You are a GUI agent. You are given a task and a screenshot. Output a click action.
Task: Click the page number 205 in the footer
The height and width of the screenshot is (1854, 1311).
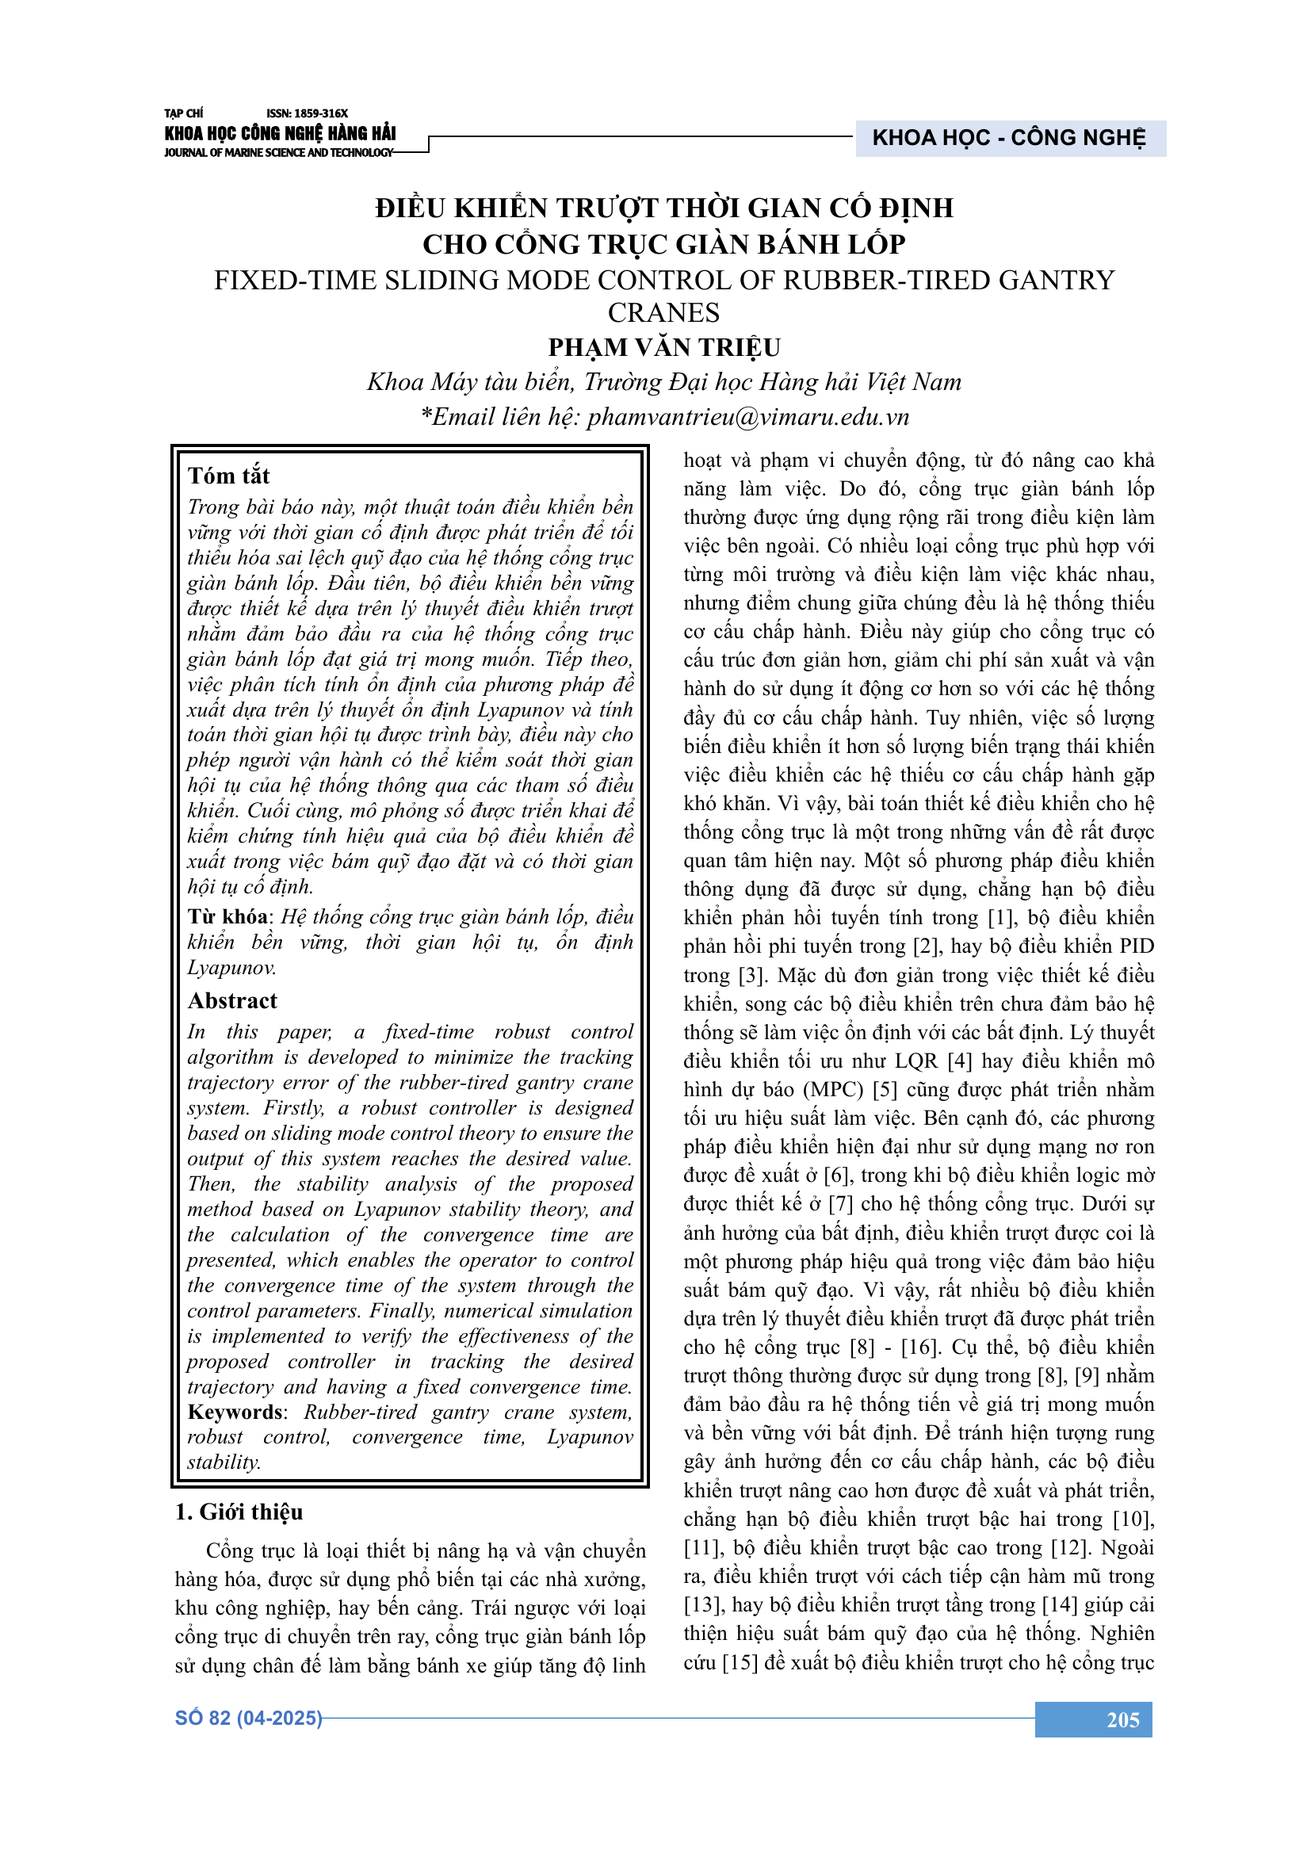click(x=1122, y=1720)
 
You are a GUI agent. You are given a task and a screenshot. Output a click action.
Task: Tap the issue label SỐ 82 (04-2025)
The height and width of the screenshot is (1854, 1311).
click(x=249, y=1718)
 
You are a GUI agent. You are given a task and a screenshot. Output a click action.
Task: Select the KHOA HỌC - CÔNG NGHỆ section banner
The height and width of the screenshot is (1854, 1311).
click(x=1008, y=138)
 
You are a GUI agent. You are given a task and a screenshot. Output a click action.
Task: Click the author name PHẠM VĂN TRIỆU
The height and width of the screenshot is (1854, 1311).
click(x=663, y=347)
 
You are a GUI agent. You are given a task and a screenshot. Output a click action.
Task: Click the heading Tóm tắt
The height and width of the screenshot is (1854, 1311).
click(x=228, y=476)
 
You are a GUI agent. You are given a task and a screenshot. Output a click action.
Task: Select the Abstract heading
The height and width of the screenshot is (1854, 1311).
click(x=232, y=1001)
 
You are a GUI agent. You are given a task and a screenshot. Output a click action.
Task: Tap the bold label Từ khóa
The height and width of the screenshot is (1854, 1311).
click(x=228, y=916)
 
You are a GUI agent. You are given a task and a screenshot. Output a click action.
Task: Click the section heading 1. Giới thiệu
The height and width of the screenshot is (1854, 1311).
click(x=239, y=1512)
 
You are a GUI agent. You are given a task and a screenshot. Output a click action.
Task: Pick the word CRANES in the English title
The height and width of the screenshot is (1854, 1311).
click(x=663, y=312)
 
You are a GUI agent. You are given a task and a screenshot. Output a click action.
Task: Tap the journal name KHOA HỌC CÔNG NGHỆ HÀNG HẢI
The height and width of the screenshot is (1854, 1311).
click(x=280, y=134)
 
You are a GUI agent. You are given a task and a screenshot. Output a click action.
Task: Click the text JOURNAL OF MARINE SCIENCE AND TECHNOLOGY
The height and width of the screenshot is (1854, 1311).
click(x=278, y=153)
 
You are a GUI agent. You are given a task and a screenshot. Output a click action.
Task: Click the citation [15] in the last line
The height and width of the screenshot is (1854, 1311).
click(x=740, y=1663)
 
